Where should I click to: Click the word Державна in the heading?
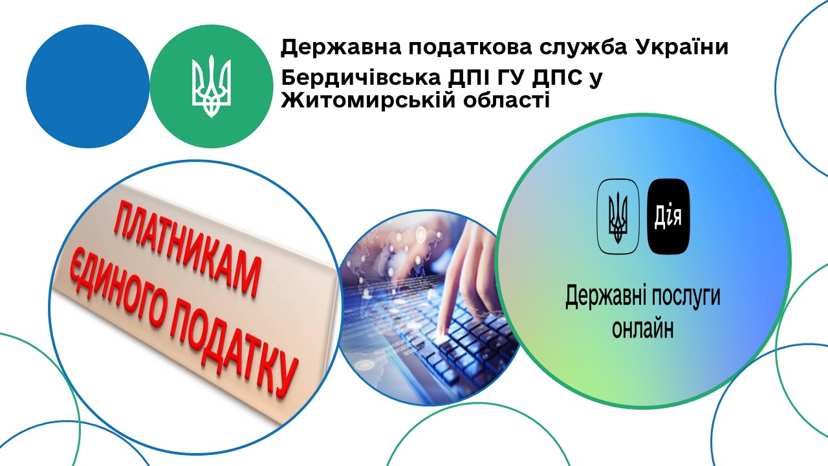coord(340,47)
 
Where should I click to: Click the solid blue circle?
coord(87,86)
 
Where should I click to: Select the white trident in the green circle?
coord(211,86)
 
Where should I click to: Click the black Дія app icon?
coord(669,216)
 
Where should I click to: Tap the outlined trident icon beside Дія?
coord(618,216)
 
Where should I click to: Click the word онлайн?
coord(643,328)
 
